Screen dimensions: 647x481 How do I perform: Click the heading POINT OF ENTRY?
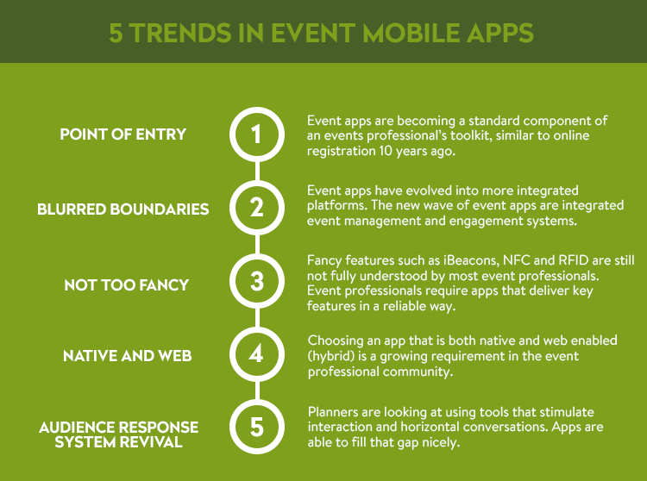(x=123, y=134)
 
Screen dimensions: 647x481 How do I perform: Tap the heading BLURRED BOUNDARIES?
(x=123, y=209)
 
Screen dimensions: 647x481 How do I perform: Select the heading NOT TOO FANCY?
(x=126, y=284)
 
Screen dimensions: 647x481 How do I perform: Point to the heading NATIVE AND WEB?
(x=127, y=356)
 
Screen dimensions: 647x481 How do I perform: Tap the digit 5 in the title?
(x=116, y=33)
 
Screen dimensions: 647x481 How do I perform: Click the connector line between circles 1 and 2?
(x=257, y=171)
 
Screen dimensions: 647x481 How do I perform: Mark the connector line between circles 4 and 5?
(x=257, y=390)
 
